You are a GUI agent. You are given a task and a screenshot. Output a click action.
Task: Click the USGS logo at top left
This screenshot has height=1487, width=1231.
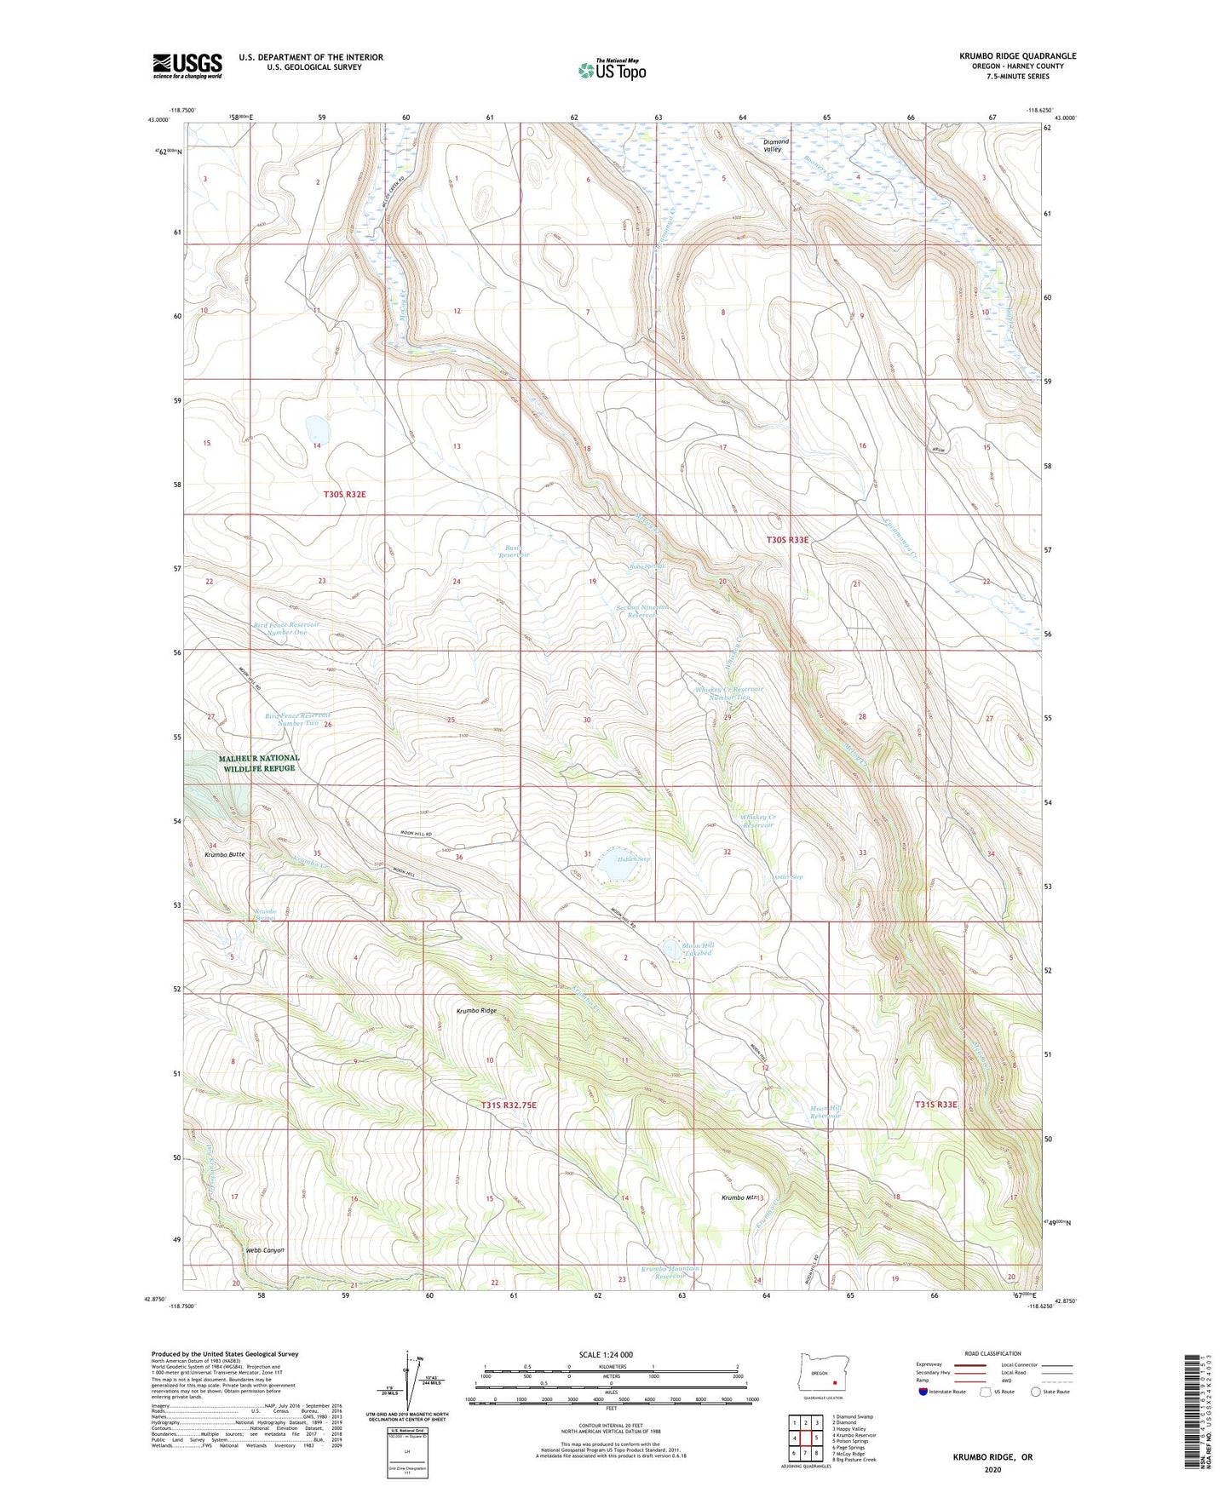click(x=187, y=65)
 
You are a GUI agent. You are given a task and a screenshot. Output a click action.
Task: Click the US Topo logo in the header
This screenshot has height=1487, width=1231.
click(x=612, y=69)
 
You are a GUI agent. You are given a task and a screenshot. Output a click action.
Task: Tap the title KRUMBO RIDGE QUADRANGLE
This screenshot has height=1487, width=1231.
click(x=1017, y=56)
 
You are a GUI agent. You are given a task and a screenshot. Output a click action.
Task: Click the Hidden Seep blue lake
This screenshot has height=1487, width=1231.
click(x=610, y=868)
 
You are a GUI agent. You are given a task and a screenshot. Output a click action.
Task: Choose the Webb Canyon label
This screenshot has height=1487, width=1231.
click(x=264, y=1250)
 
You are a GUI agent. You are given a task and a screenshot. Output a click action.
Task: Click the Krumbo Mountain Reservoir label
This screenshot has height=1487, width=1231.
click(x=670, y=1272)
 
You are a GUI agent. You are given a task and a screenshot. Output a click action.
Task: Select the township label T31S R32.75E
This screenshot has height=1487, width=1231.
click(x=509, y=1105)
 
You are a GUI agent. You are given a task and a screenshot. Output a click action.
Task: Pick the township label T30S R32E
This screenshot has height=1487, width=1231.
click(x=344, y=494)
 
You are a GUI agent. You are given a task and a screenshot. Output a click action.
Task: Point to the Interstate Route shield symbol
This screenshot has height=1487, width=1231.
click(x=923, y=1392)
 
